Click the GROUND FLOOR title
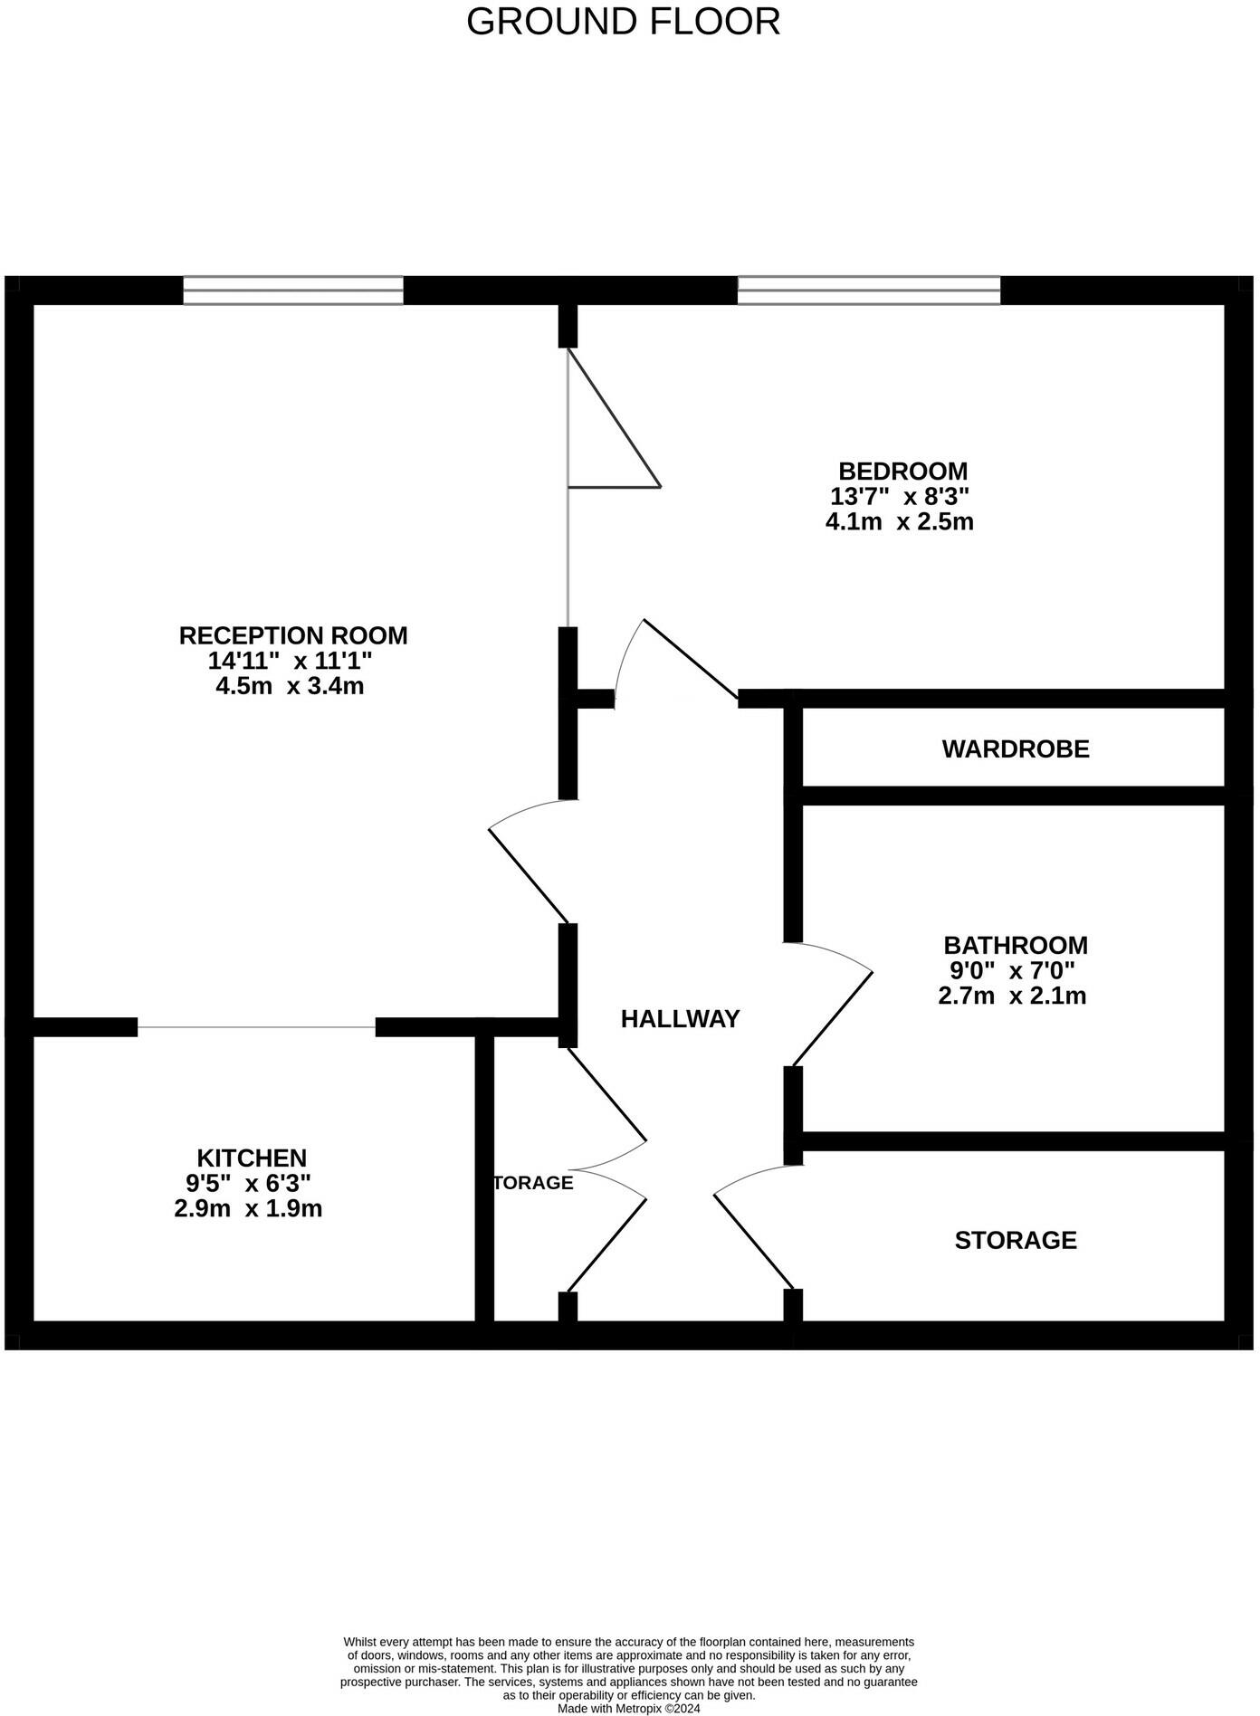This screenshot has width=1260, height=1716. [623, 22]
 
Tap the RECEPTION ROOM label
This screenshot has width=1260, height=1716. [293, 635]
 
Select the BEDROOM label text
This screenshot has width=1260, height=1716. [902, 471]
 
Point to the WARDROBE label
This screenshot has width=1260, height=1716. [1015, 749]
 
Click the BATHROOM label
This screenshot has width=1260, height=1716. [1015, 945]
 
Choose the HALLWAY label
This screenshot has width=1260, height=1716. [680, 1019]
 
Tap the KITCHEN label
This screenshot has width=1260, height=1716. [252, 1158]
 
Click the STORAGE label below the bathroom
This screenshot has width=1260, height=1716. [1015, 1240]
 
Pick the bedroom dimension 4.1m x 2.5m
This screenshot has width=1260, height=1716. [899, 522]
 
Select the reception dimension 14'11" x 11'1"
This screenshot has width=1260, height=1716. [290, 661]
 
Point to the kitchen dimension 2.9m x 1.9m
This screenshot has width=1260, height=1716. [248, 1208]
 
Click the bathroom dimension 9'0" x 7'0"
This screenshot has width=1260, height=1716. [1011, 971]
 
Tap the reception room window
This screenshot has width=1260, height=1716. [292, 291]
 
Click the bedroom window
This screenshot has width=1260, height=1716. [868, 291]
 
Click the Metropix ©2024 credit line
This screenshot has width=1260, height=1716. [628, 1709]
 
